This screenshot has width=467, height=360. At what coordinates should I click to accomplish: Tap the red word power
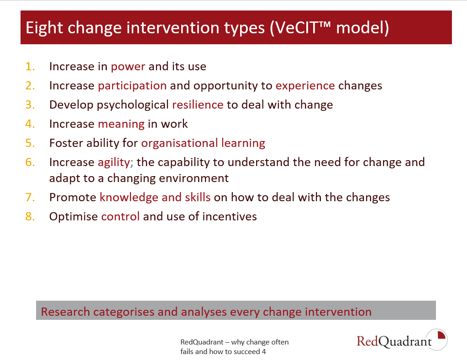tap(128, 67)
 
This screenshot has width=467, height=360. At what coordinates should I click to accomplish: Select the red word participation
tap(132, 86)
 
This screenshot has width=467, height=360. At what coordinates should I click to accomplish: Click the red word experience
tap(305, 86)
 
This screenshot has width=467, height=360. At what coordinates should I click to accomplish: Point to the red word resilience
tap(198, 105)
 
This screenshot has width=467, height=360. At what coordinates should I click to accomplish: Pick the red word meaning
tap(121, 124)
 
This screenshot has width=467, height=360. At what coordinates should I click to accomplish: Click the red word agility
tap(114, 162)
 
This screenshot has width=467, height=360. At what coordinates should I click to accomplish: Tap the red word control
tap(121, 216)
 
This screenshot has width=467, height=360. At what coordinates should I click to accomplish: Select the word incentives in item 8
tap(230, 216)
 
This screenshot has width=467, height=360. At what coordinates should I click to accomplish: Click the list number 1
tap(30, 67)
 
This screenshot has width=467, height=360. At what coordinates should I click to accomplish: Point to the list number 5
tap(30, 143)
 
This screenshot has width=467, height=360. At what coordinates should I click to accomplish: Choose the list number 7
tap(30, 198)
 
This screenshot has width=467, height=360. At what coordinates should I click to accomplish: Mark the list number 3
tap(30, 105)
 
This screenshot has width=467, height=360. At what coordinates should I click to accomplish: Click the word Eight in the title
tap(44, 28)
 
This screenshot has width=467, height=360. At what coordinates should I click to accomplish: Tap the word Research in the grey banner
tap(66, 312)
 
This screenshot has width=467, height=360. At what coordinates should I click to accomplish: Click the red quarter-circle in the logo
tap(441, 335)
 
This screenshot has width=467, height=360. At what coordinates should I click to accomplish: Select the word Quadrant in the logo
tap(405, 342)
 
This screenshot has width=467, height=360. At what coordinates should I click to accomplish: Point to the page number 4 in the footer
tap(264, 352)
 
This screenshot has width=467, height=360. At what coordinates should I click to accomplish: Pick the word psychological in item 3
tap(133, 105)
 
